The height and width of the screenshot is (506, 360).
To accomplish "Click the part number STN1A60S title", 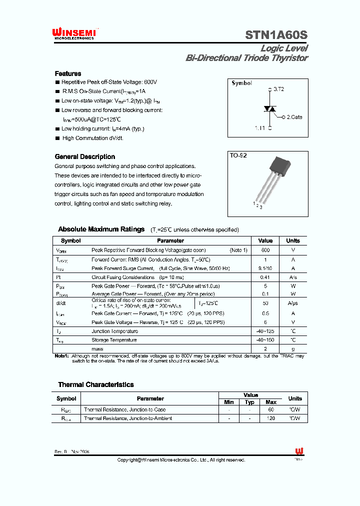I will (x=276, y=35).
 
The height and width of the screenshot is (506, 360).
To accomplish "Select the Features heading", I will (x=68, y=73).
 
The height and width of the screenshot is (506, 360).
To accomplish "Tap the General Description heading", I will (x=85, y=156).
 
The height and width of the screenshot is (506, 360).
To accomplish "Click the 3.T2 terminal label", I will (x=278, y=89).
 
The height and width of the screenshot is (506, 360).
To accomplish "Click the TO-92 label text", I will (x=238, y=156).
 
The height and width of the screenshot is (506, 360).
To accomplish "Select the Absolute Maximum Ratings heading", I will (x=101, y=229).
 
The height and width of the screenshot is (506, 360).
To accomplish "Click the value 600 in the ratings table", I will (x=265, y=250).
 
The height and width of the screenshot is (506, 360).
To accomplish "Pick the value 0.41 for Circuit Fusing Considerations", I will (x=265, y=277).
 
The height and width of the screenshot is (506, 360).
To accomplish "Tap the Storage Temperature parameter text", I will (x=114, y=340).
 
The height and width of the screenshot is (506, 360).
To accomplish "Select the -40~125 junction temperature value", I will (x=265, y=331).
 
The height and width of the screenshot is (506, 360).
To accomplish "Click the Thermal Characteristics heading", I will (x=96, y=384).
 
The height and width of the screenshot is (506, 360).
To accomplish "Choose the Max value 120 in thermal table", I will (x=271, y=418).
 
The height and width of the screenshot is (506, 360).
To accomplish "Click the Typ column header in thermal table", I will (x=250, y=402).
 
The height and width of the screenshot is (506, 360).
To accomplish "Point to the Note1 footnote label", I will (x=60, y=356).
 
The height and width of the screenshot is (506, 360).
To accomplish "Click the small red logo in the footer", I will (x=299, y=450).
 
